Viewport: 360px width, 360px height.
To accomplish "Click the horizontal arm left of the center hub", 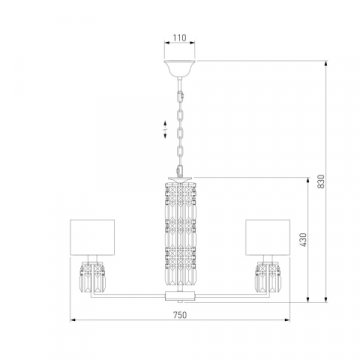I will coord(135,296).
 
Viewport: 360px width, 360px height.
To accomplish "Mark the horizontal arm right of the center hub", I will coord(225,296).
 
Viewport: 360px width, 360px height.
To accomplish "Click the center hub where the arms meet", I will coord(180,296).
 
